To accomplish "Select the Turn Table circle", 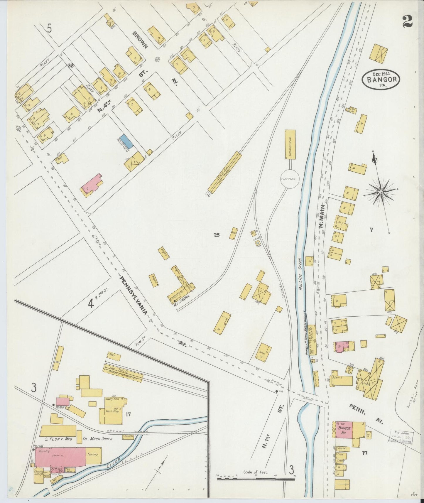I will point(290,179).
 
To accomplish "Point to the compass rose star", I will point(381,192).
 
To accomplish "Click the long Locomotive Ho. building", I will point(290,144).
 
